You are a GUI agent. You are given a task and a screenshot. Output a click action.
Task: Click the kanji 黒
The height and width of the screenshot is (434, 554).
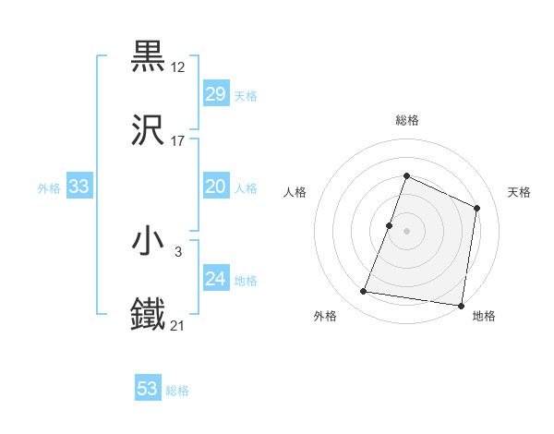point(149,57)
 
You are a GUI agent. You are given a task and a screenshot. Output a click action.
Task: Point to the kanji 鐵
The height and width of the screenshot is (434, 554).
point(149,315)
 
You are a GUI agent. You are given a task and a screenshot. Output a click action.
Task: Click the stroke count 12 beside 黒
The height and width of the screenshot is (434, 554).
point(179,66)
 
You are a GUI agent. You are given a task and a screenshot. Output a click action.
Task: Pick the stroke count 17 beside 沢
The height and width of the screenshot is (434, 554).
point(179,141)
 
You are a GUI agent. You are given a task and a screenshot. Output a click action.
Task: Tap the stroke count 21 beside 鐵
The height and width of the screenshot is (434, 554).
point(179,325)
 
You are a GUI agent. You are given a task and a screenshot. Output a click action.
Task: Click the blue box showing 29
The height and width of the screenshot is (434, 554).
point(215,94)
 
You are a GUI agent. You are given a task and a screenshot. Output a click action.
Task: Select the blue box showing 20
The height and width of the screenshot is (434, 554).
point(215,187)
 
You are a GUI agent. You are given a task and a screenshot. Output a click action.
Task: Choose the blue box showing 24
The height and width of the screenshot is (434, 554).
point(215,279)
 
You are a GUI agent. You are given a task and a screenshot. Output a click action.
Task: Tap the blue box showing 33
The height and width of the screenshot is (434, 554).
point(79,187)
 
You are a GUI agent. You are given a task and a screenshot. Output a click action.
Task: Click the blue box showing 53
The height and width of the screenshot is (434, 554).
point(148,389)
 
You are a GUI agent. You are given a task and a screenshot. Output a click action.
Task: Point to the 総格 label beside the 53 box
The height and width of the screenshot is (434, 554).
point(177,391)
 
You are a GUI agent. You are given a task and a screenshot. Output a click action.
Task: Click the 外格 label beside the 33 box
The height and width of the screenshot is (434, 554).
point(49,188)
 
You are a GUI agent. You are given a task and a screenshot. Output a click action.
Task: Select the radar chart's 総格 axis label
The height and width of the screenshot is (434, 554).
point(406,120)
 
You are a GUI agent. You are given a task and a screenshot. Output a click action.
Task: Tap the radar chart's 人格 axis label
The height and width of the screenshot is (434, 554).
point(295,192)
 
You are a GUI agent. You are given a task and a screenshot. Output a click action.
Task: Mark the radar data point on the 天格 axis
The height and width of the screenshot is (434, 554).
point(477,208)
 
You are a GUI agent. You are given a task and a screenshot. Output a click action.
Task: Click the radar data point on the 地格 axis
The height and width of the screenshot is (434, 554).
point(461,305)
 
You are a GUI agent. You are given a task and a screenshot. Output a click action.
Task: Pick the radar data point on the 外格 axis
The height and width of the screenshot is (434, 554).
point(364,292)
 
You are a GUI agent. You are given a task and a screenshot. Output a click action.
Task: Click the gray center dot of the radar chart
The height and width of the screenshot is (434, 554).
point(406,231)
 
